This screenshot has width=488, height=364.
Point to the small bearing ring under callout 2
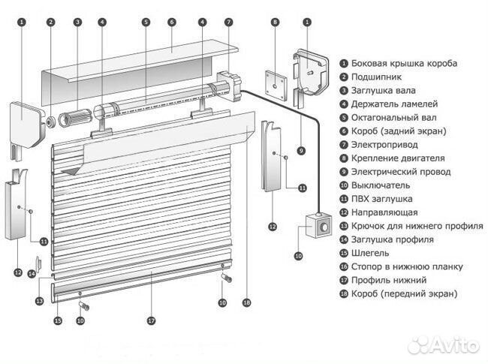point(50,120)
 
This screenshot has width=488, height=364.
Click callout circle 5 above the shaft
point(146,23)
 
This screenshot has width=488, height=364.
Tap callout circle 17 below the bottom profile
point(151,320)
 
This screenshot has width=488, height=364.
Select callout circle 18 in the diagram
point(246,302)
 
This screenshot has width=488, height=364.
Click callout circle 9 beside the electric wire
point(301,150)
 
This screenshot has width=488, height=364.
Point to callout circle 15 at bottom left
point(56,320)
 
